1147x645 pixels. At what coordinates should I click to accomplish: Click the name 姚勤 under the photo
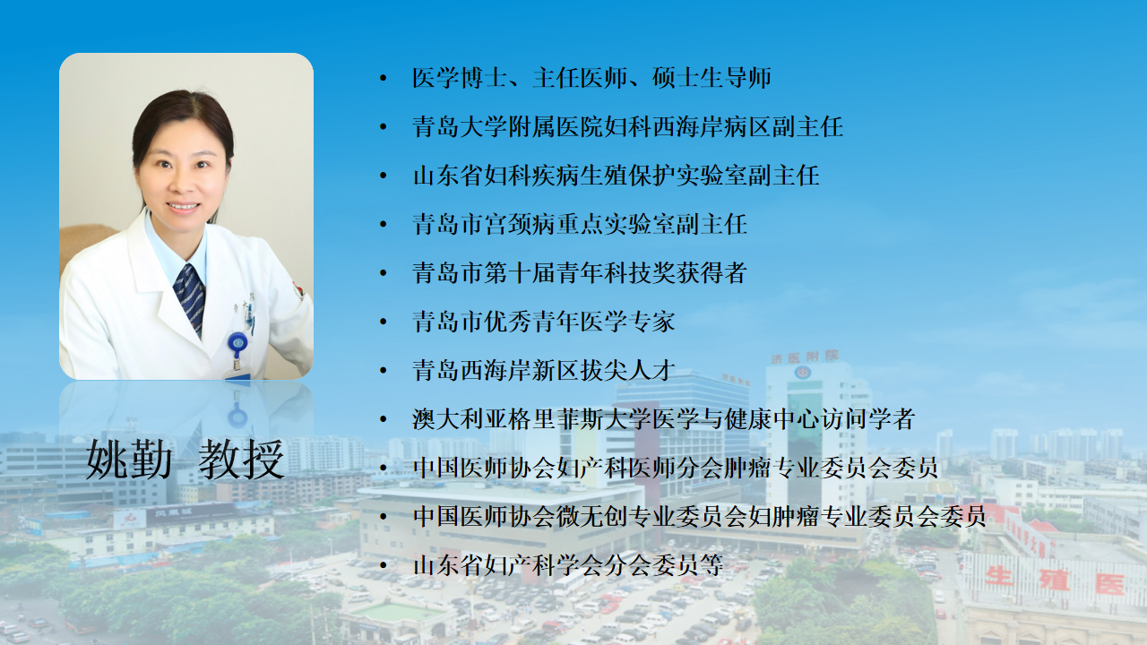(128, 460)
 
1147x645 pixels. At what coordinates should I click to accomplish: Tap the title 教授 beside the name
(241, 460)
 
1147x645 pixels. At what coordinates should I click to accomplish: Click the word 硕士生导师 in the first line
(711, 78)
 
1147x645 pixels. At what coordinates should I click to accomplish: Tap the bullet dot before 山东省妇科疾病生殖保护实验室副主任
(383, 176)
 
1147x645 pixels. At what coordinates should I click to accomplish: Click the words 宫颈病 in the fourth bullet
(519, 224)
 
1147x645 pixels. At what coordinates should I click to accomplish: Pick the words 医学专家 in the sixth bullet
(628, 322)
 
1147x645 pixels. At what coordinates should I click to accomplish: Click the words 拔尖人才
(628, 370)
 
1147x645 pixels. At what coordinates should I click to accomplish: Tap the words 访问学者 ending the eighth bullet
(867, 418)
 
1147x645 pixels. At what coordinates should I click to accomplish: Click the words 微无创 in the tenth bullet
(591, 516)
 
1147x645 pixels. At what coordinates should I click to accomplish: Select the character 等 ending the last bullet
(711, 565)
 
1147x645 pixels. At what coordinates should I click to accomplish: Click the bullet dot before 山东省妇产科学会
(383, 565)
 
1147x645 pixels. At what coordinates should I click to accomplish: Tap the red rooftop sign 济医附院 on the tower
(805, 357)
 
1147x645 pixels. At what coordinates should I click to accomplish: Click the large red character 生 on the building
(999, 577)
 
